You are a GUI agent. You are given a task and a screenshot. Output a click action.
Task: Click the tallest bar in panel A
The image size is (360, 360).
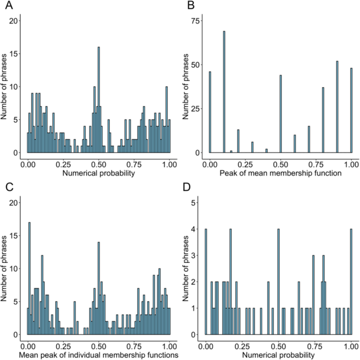coord(98,100)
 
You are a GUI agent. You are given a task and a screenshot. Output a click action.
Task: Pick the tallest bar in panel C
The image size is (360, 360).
coord(29,279)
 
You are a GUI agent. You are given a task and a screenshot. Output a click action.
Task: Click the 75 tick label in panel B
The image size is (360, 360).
coord(195,20)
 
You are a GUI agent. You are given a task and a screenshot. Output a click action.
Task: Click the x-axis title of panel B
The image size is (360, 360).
coord(281,172)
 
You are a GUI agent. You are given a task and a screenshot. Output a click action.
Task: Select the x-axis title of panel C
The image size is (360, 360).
coord(99,355)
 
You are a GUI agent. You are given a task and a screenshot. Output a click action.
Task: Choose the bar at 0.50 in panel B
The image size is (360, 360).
coord(281,114)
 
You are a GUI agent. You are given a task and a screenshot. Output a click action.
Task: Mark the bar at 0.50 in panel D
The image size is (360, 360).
coord(279,282)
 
